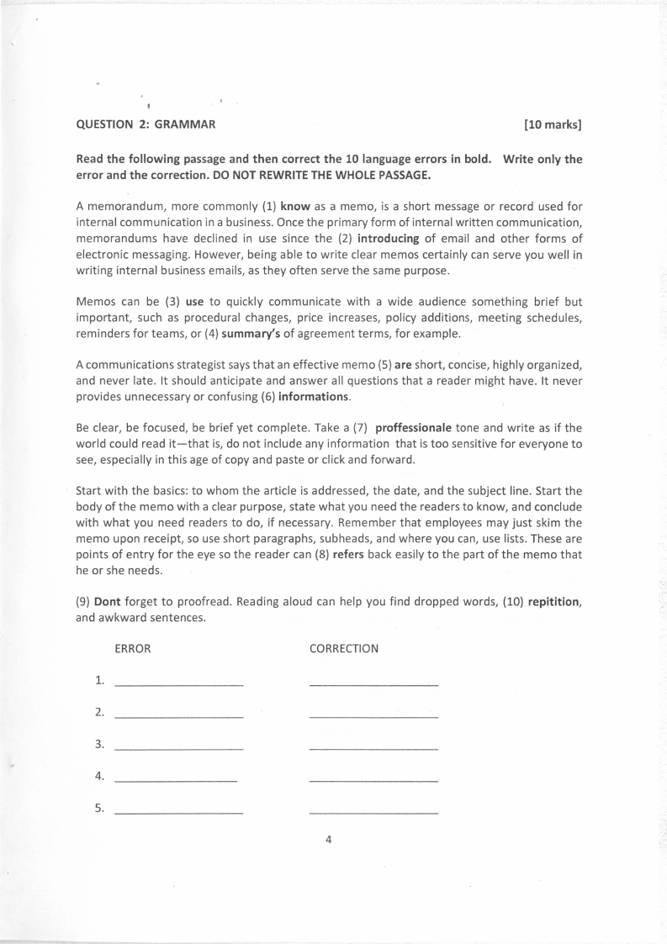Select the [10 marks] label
(553, 125)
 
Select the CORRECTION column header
(343, 649)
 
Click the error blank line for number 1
(177, 686)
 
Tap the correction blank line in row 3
(373, 749)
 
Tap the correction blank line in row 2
(373, 717)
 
